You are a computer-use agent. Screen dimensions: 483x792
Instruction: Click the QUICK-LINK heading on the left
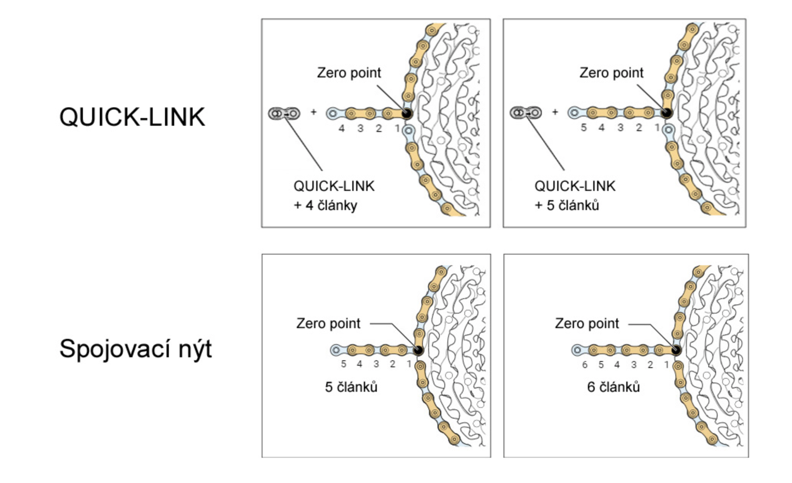(132, 117)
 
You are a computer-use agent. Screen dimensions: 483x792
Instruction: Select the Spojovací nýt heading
(135, 349)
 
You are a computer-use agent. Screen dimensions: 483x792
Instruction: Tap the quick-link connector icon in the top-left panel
(284, 113)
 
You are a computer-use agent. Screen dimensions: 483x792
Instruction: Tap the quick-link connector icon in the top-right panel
(526, 113)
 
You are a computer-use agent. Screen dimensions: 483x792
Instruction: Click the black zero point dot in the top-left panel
(407, 114)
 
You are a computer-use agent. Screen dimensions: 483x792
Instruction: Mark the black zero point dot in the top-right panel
(667, 113)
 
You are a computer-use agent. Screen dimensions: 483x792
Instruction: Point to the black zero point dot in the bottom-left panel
(418, 350)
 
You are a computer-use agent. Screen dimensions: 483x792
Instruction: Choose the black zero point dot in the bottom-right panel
(676, 350)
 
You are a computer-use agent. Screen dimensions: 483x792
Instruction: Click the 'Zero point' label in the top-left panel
(349, 73)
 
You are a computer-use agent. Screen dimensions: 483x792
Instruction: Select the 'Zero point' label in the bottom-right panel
(587, 324)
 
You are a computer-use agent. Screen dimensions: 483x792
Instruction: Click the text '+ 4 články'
(325, 205)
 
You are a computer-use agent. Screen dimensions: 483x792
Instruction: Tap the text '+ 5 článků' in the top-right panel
(567, 205)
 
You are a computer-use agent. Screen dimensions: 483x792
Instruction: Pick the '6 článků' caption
(613, 387)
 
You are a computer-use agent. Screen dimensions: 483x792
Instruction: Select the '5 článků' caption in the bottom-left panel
(351, 387)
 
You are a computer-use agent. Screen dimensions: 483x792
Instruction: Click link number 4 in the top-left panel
(342, 129)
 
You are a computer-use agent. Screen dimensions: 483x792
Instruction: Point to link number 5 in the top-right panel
(583, 128)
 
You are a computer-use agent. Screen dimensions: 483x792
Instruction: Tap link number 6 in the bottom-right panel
(585, 365)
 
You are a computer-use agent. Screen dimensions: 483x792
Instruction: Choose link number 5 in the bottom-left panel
(344, 364)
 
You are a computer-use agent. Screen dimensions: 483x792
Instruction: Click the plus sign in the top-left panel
(313, 112)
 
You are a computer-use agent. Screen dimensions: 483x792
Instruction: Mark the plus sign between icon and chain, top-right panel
(555, 112)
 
